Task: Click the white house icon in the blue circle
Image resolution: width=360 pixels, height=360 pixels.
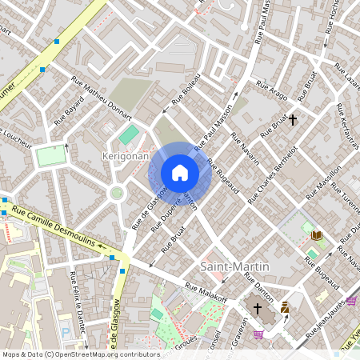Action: tap(180, 172)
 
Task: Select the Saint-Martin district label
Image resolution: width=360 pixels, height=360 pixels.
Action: tap(234, 266)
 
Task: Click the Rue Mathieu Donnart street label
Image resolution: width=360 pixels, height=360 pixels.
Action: tap(101, 93)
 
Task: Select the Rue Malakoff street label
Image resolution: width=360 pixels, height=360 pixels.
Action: tap(206, 294)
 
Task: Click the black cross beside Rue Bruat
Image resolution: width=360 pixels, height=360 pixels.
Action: tap(293, 121)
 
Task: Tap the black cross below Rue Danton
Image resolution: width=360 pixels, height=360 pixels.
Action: tap(258, 308)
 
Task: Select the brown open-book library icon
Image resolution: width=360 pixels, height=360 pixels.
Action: tap(317, 235)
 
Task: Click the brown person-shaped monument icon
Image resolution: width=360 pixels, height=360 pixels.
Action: tap(285, 307)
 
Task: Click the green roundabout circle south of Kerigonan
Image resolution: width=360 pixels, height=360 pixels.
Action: tap(117, 192)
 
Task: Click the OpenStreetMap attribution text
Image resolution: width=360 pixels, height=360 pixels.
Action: tap(81, 354)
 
